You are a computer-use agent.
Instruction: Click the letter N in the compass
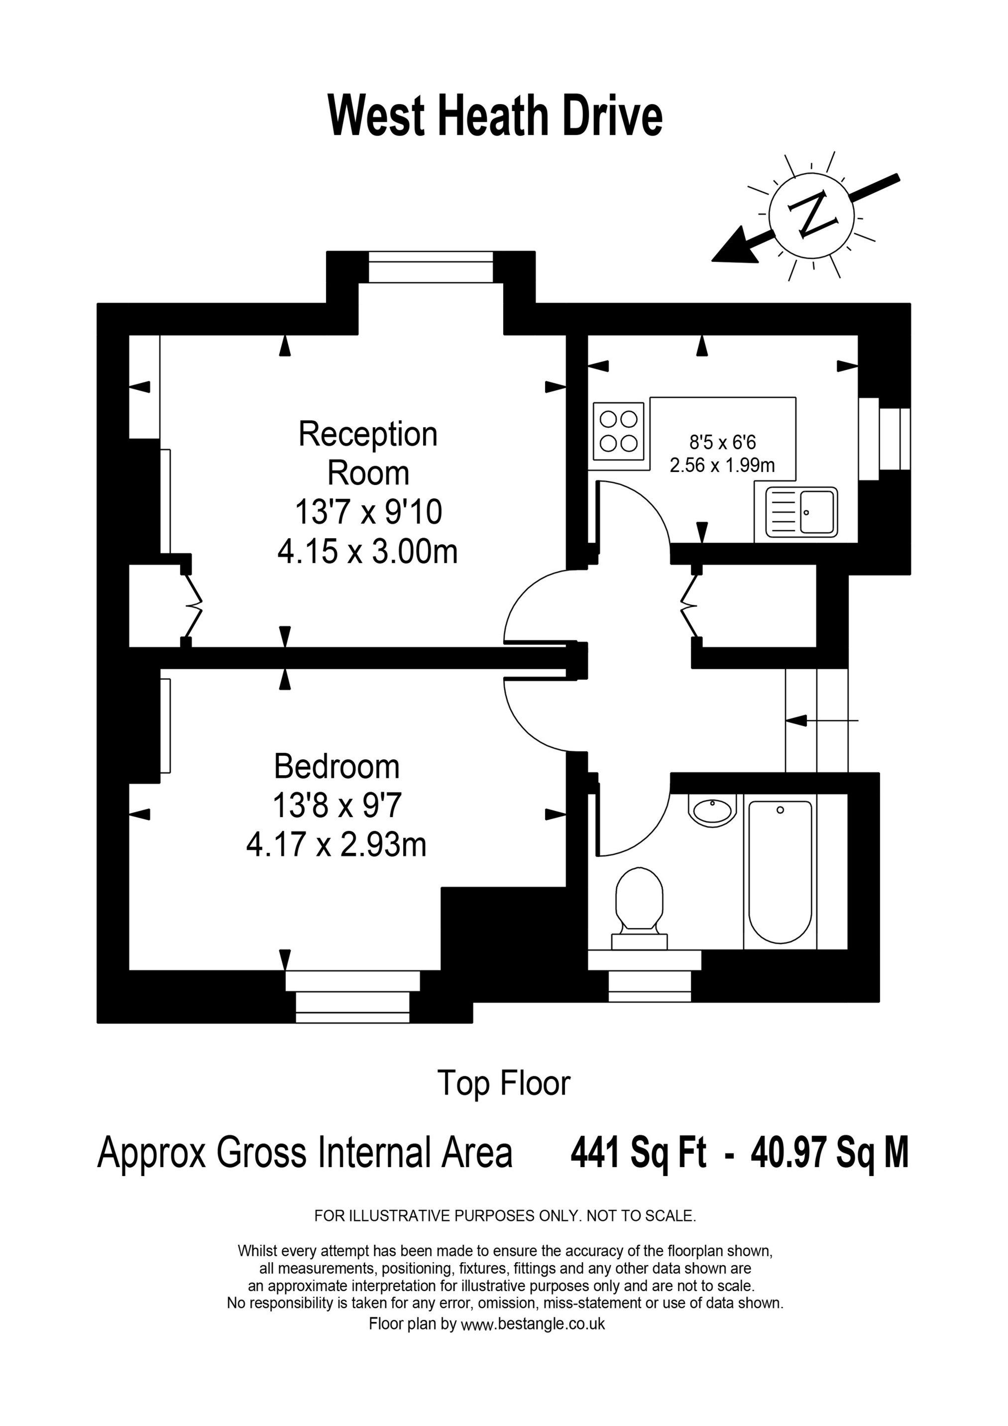pyautogui.click(x=812, y=214)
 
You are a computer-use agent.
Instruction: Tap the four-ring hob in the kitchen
pyautogui.click(x=619, y=432)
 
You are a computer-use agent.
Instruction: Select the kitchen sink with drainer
pyautogui.click(x=801, y=512)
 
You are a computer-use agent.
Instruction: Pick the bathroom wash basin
pyautogui.click(x=712, y=811)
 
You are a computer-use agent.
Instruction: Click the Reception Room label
pyautogui.click(x=368, y=454)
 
